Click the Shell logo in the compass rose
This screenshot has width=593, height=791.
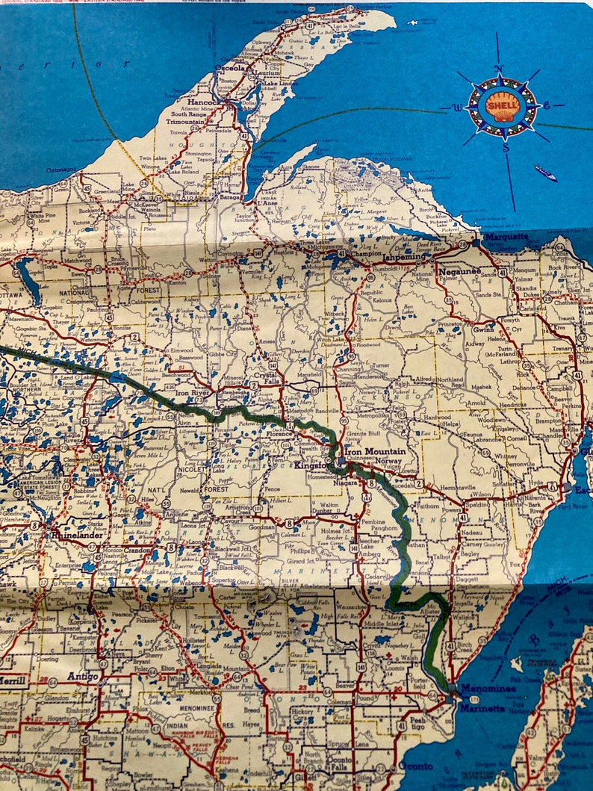pos(501,106)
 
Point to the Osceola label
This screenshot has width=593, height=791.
pos(231,67)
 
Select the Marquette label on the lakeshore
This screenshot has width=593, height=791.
pos(506,238)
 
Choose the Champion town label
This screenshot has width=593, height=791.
pos(366,254)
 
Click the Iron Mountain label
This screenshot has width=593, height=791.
pos(375,451)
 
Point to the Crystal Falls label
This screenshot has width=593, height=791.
pos(267,376)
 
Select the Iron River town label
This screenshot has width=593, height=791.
pos(192,392)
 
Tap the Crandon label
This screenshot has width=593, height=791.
pos(137,549)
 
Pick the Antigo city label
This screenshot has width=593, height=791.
pos(83,676)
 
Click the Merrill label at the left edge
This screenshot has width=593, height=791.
pos(13,680)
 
